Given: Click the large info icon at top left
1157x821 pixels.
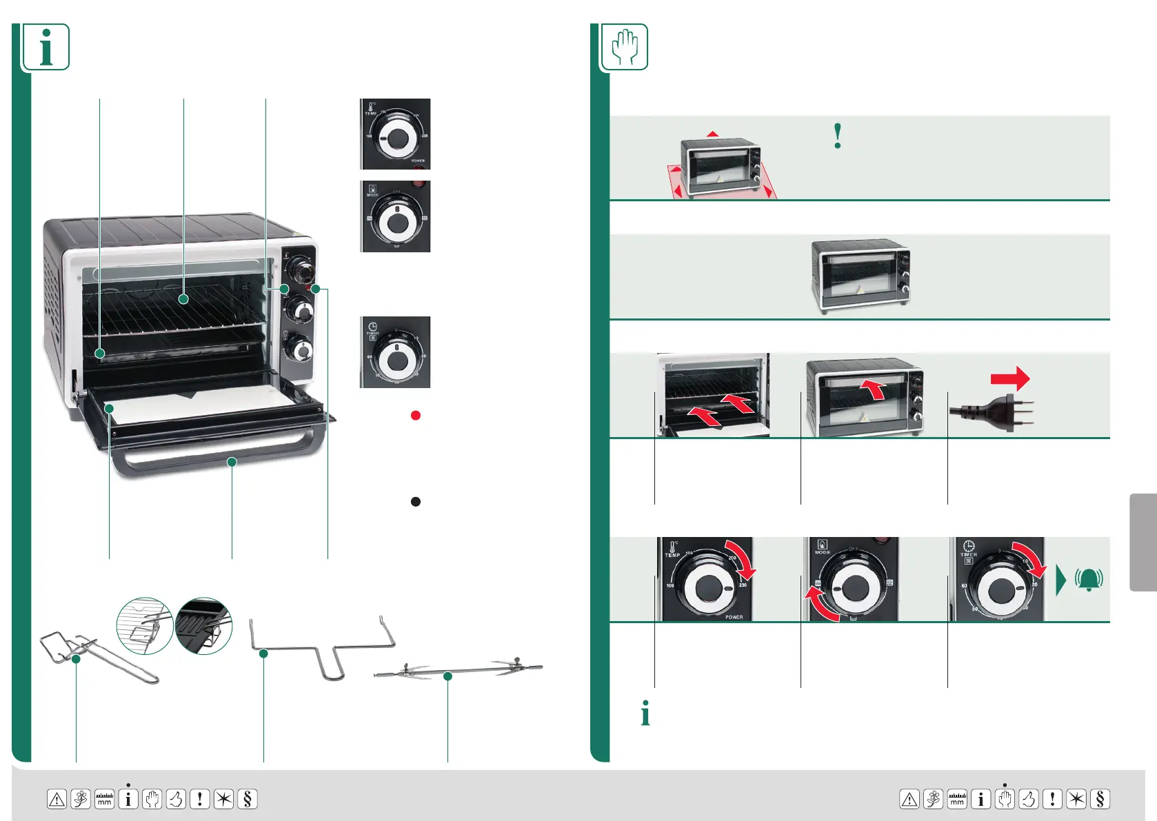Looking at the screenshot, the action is coord(46,47).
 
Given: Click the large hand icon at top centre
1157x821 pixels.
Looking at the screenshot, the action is coord(625,47).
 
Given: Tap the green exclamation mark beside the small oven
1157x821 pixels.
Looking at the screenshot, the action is coord(838,136).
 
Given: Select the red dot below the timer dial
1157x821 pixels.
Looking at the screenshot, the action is coord(415,415).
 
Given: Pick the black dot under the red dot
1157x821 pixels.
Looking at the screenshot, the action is coord(415,501).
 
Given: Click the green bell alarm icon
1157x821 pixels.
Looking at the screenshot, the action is coord(1089,580).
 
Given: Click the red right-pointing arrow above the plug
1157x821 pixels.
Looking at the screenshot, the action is coord(1010,378).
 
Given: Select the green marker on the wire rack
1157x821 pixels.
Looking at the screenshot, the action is coord(183,298).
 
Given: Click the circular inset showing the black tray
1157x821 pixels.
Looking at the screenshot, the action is coord(203,625).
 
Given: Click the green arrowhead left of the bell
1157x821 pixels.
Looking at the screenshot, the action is coord(1060,580).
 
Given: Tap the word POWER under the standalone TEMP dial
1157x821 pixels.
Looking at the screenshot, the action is coord(418,161).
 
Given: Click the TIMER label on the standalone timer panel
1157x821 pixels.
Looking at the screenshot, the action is coord(372,334).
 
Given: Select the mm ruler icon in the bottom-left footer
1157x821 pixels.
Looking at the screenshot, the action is coord(104,799).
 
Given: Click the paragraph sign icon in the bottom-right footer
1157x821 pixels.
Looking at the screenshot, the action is coord(1100,799).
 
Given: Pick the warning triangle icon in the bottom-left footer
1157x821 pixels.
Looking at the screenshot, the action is coord(57,799).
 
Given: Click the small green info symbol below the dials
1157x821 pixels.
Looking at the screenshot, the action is coord(645,713).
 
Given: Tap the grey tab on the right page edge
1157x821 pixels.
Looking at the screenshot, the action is coord(1143,542).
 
